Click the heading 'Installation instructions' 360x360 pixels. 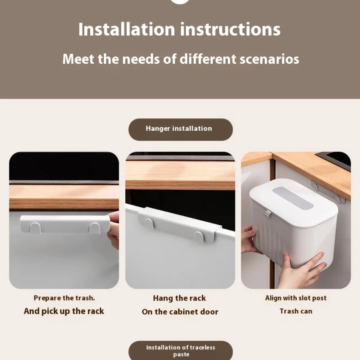(179, 30)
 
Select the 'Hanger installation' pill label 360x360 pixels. (179, 129)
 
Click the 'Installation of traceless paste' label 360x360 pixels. (180, 351)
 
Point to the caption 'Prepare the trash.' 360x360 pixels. (64, 298)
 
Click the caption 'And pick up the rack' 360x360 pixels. (64, 311)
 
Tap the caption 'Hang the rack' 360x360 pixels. (180, 298)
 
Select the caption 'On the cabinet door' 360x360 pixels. (180, 312)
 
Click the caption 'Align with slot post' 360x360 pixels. (296, 298)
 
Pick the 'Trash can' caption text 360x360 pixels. (296, 311)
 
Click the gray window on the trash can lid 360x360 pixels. (293, 198)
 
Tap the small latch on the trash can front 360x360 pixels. (267, 213)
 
